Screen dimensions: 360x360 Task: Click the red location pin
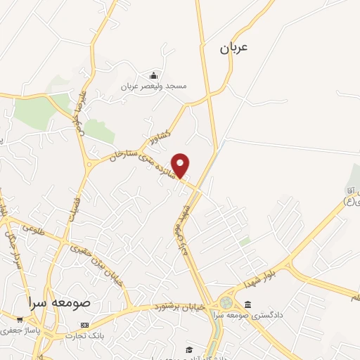tap(181, 165)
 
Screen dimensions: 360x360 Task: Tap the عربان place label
tap(233, 48)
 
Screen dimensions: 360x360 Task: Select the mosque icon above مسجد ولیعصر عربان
tap(154, 75)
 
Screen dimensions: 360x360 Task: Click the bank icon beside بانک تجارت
tap(85, 326)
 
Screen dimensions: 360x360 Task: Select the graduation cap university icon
tap(188, 349)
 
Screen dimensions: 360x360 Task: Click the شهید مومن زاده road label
tap(180, 233)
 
